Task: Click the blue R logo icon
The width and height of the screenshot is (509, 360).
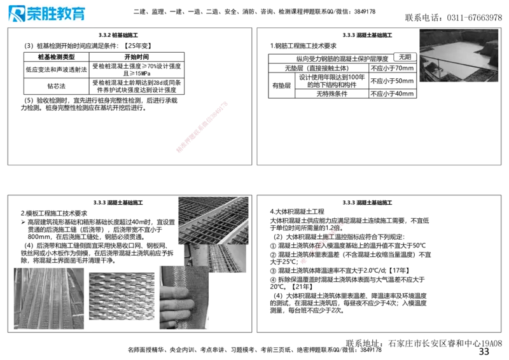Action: coord(15,14)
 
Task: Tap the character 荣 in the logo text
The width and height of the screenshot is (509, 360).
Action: coord(34,14)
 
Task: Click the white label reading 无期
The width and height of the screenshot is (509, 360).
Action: coord(405,57)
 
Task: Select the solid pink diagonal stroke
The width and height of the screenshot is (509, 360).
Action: coord(201,126)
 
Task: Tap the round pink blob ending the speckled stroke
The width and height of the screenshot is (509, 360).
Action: coord(305,260)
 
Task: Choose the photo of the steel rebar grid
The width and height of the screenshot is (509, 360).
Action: coord(213,219)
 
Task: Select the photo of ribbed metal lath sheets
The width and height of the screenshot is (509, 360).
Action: coord(48,297)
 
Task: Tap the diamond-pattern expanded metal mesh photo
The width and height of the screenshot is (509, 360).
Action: coord(122,296)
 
